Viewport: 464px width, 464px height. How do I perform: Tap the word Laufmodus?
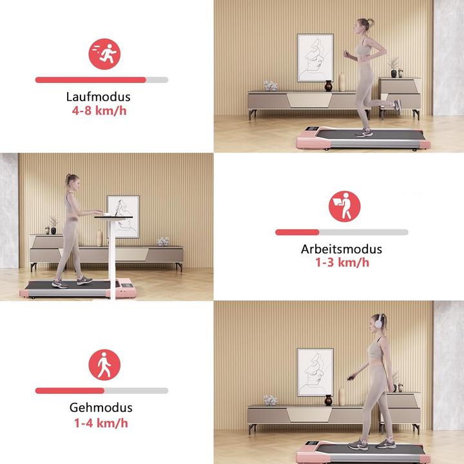pos(99,97)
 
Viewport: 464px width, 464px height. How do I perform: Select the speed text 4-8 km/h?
pos(99,110)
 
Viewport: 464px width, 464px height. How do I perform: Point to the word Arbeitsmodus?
pos(342,249)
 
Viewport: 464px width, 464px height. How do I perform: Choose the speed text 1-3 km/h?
pos(342,262)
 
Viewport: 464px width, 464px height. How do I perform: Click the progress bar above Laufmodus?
pos(101,80)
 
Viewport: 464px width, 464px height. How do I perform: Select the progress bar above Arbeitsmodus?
pos(342,232)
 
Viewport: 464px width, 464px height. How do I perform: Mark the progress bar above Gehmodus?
pos(101,391)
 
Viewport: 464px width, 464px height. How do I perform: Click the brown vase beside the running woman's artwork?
pos(329,84)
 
